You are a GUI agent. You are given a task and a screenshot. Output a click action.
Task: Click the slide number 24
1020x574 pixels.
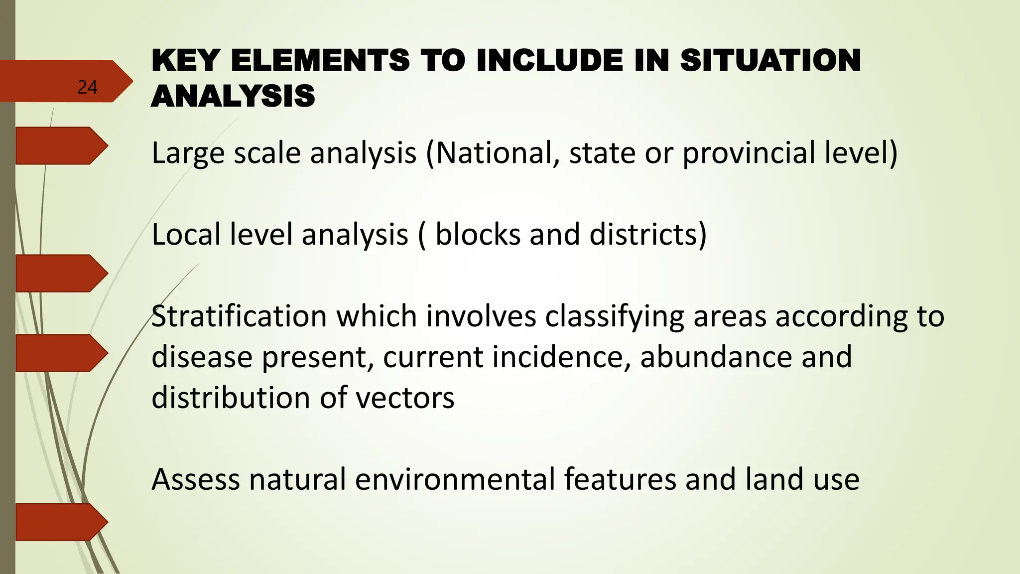[87, 88]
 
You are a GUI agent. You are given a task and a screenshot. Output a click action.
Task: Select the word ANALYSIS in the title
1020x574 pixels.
[233, 96]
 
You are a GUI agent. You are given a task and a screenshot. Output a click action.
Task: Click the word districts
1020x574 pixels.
[647, 234]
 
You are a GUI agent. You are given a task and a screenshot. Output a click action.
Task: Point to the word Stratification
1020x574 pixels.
[239, 316]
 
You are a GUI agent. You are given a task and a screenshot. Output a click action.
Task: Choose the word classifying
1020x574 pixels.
[615, 317]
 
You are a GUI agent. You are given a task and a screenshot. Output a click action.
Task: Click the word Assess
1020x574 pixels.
[196, 479]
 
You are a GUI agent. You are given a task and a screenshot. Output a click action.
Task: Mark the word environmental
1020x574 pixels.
[455, 479]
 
